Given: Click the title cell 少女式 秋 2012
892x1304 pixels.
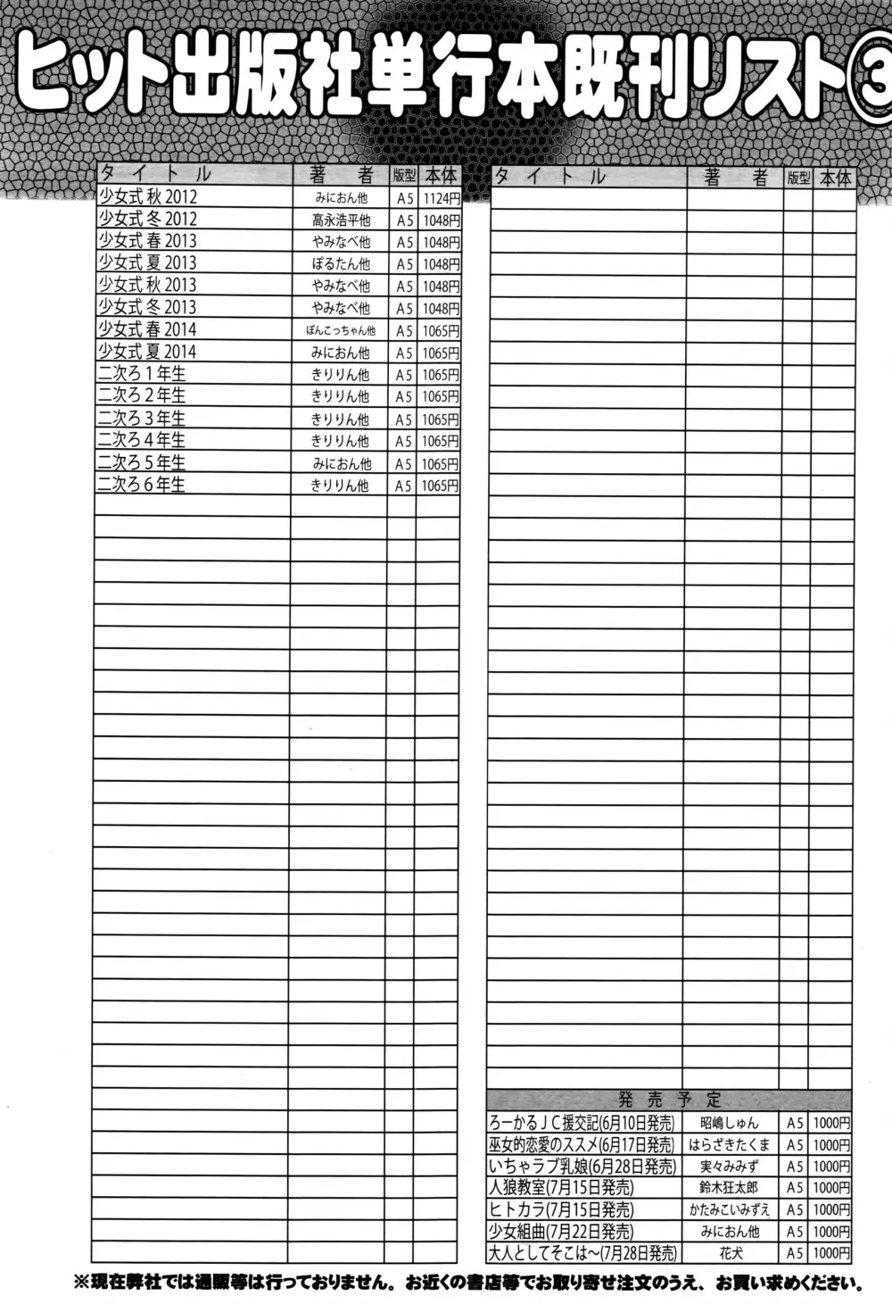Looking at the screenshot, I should click(147, 197).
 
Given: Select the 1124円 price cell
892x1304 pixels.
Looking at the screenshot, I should click(440, 198).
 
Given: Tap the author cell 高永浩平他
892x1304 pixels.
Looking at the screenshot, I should click(341, 220).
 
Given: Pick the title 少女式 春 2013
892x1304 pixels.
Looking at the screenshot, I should click(147, 241).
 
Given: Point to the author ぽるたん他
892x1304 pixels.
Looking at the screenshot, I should click(341, 264).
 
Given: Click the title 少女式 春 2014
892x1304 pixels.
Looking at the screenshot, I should click(147, 329).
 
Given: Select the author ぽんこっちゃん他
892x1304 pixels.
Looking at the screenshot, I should click(341, 330).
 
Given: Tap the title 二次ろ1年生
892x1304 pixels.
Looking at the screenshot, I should click(142, 374).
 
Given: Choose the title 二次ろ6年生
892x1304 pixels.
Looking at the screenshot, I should click(142, 485).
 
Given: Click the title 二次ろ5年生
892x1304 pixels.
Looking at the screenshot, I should click(142, 462).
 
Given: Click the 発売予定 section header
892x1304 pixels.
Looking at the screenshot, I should click(669, 1100).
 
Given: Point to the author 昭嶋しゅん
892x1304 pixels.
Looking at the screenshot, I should click(729, 1123).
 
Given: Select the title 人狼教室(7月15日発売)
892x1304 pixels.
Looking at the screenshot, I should click(560, 1188).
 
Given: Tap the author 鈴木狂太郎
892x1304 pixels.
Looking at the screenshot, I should click(729, 1188).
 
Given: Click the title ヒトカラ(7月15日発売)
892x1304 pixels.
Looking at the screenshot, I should click(560, 1209).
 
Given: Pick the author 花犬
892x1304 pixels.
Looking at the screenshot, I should click(729, 1253).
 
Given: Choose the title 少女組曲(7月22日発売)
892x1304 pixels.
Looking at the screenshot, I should click(560, 1232).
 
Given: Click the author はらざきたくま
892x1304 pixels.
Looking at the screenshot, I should click(729, 1144).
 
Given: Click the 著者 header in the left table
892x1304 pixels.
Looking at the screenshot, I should click(341, 175).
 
